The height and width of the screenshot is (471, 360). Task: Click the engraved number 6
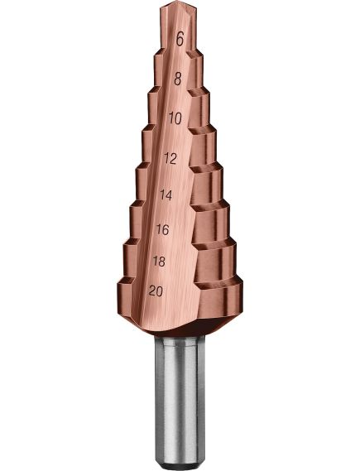pyautogui.click(x=180, y=39)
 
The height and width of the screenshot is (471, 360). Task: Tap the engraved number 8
pyautogui.click(x=178, y=79)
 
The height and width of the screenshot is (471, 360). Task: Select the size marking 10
pyautogui.click(x=175, y=118)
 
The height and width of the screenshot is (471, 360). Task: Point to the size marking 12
pyautogui.click(x=170, y=158)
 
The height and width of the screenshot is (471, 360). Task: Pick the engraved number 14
pyautogui.click(x=166, y=195)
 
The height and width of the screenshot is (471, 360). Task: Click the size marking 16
pyautogui.click(x=163, y=230)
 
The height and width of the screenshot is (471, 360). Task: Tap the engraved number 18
pyautogui.click(x=159, y=262)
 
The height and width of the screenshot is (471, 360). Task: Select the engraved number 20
pyautogui.click(x=156, y=291)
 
